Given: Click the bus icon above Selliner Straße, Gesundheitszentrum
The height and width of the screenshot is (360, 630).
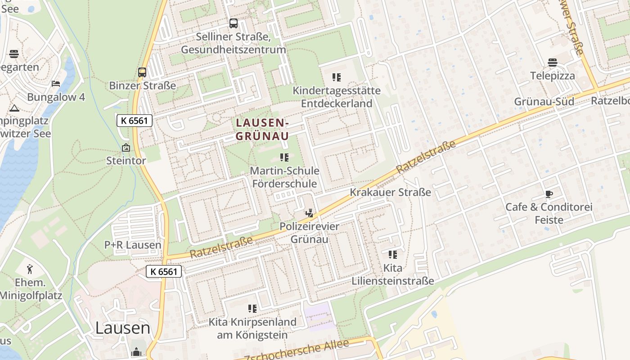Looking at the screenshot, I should click(x=233, y=23).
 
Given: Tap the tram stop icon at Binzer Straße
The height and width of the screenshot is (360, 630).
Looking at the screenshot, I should click(x=142, y=72).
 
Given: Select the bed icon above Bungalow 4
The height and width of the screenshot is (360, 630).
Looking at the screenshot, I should click(x=56, y=84).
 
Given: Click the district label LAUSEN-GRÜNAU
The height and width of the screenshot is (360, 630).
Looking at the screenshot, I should click(x=262, y=129).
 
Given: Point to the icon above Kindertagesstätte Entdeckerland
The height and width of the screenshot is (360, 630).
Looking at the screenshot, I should click(x=337, y=77).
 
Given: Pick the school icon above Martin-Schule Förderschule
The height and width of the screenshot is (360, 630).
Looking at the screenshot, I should click(x=284, y=157).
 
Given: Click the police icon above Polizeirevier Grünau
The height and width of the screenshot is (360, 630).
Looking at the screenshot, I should click(x=309, y=213).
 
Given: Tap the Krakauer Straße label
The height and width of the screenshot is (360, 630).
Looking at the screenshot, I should click(x=390, y=193).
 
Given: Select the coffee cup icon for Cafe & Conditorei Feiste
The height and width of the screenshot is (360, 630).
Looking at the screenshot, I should click(x=549, y=194).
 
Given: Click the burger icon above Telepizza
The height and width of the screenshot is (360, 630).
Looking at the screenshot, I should click(x=553, y=63).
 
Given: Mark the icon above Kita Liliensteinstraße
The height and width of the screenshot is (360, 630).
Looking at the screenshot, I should click(x=393, y=255).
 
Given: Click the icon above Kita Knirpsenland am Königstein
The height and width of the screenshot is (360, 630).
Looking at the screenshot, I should click(x=252, y=309).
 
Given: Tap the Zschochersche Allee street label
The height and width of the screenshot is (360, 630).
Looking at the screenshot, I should click(x=297, y=351).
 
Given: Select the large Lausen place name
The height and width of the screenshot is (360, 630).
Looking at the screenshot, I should click(x=122, y=328).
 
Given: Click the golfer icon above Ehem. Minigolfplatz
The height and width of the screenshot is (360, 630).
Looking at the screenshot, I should click(x=30, y=270).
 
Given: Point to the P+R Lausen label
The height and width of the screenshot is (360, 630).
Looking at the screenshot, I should click(x=133, y=245).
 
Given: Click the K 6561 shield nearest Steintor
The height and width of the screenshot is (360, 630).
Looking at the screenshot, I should click(x=135, y=121).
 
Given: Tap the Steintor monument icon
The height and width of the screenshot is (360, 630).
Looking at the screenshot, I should click(x=126, y=148).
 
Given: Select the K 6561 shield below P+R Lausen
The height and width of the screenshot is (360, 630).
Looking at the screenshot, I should click(x=164, y=271).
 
